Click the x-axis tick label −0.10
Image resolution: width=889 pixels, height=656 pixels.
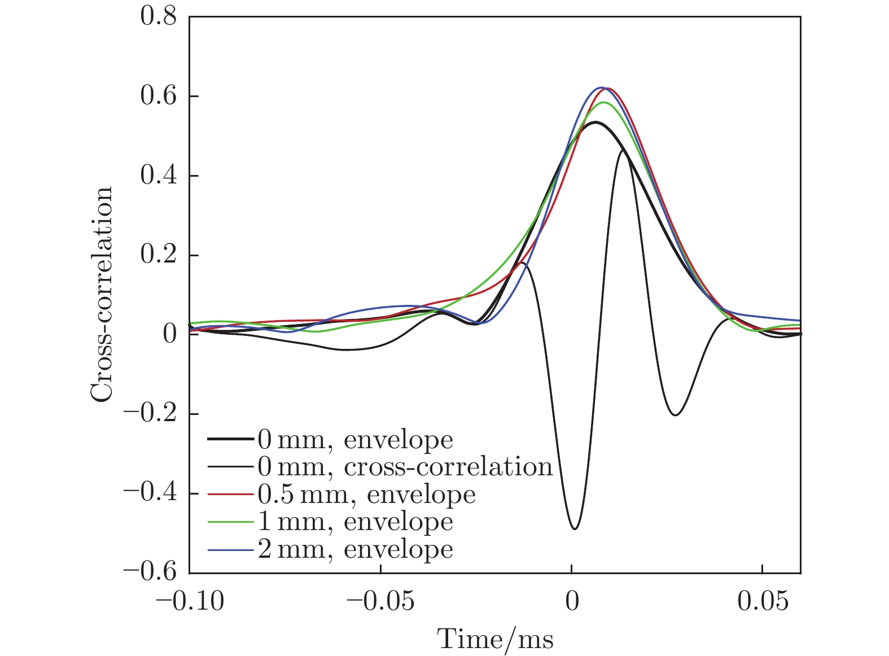(x=190, y=602)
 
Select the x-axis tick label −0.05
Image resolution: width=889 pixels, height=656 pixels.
(x=381, y=602)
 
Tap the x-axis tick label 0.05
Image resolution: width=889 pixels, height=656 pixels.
(x=763, y=602)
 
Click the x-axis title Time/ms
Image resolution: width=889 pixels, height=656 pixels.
(x=496, y=640)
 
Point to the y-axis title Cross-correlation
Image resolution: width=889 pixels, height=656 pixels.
(x=102, y=295)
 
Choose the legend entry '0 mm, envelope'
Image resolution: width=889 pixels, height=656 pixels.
(x=356, y=440)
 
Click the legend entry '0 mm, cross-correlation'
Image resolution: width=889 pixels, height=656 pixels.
(x=405, y=467)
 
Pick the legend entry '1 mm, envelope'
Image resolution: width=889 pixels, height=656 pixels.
(x=356, y=522)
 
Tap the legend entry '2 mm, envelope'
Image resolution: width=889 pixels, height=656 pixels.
(x=356, y=549)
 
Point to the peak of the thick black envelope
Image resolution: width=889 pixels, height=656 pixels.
(x=595, y=122)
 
